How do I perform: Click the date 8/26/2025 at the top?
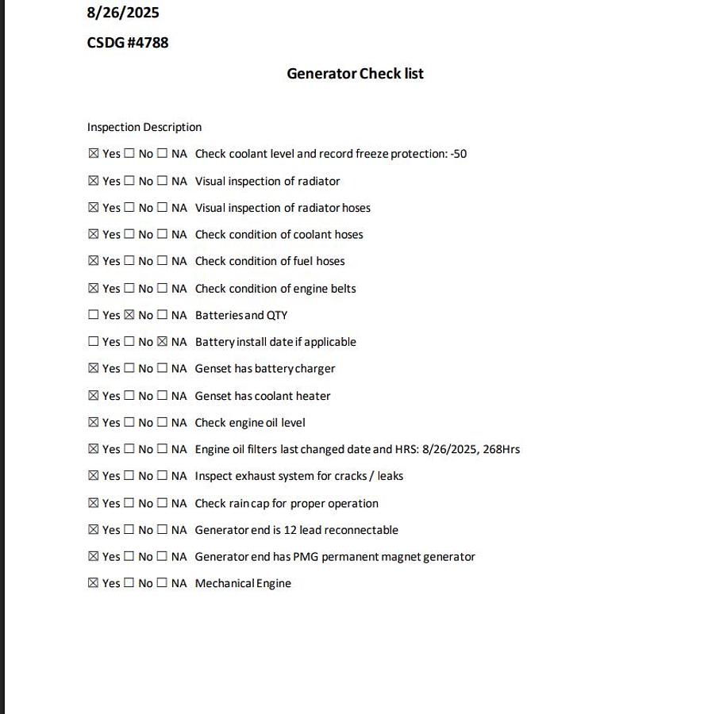click(x=123, y=13)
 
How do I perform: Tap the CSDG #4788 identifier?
click(x=128, y=43)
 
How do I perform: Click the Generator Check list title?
click(x=355, y=74)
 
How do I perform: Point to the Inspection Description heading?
click(x=144, y=127)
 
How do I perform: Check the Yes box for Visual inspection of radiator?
click(x=94, y=181)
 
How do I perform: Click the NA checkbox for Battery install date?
click(x=162, y=342)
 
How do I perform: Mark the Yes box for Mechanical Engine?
click(x=94, y=583)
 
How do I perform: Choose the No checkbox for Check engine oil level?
click(x=129, y=422)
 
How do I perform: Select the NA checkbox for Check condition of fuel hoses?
click(x=162, y=261)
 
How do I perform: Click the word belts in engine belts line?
click(x=342, y=289)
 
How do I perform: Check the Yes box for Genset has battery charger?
click(x=94, y=369)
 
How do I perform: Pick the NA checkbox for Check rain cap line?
click(x=162, y=503)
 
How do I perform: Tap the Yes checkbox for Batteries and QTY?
click(x=94, y=315)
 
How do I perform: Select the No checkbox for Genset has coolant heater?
click(x=129, y=396)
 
